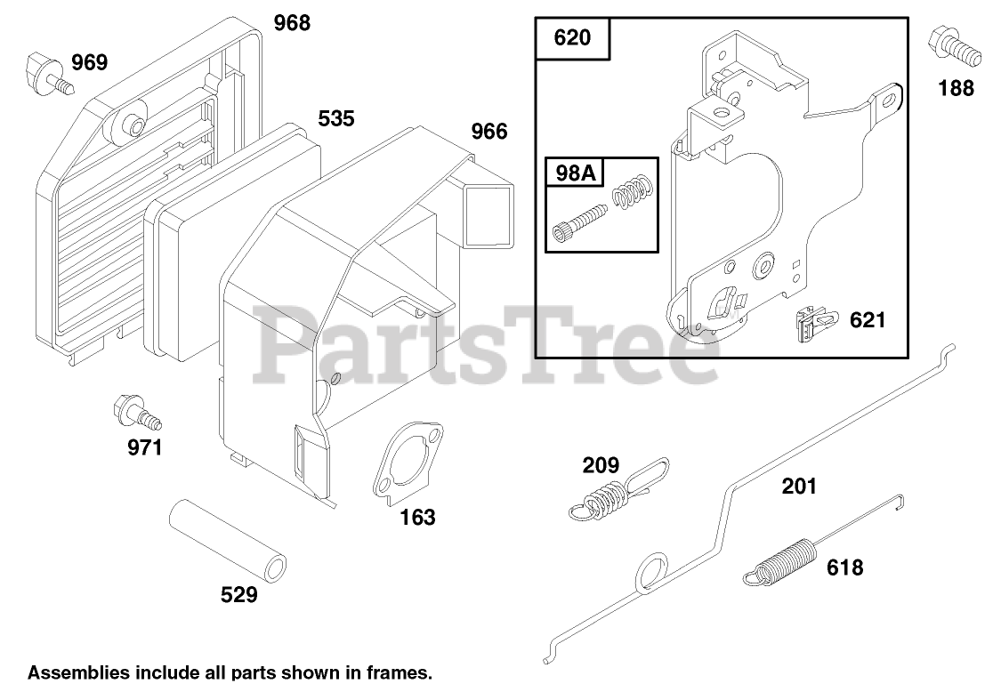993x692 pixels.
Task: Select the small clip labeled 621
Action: pyautogui.click(x=810, y=325)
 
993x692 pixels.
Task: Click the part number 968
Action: pyautogui.click(x=292, y=23)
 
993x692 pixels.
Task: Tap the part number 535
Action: pyautogui.click(x=335, y=118)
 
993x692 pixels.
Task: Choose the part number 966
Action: pyautogui.click(x=488, y=133)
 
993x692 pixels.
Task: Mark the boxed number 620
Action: pyautogui.click(x=573, y=38)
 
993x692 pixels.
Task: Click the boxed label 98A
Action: pyautogui.click(x=574, y=173)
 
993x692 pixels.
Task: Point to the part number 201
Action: pyautogui.click(x=798, y=486)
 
